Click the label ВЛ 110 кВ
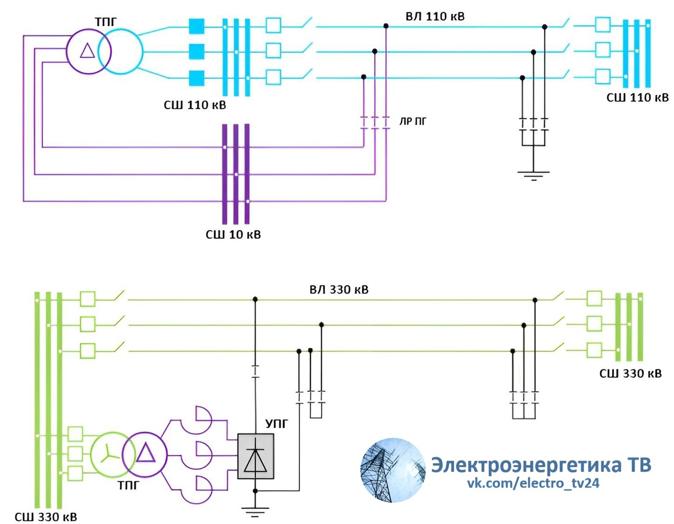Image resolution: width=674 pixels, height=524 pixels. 435,16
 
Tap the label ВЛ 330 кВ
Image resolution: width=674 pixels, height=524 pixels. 339,290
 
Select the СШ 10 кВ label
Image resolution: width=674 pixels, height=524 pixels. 233,234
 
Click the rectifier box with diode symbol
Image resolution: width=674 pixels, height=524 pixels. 256,456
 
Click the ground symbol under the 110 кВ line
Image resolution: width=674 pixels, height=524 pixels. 533,175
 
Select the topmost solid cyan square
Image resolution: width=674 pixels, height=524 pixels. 196,26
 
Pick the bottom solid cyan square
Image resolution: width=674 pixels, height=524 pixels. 196,78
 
